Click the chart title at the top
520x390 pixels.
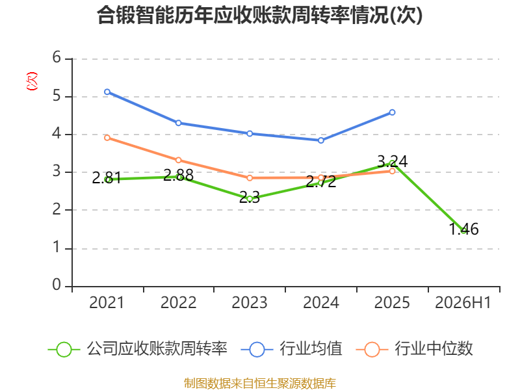point(259,15)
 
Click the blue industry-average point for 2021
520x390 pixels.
point(107,92)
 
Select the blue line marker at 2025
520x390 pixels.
point(392,112)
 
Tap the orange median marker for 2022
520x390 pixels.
point(178,160)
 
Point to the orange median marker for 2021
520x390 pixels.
point(107,138)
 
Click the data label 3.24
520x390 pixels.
point(393,161)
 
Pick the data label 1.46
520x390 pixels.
point(463,229)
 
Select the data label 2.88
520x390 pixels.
point(178,175)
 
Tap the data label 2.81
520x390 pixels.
point(107,178)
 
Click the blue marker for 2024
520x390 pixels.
point(320,140)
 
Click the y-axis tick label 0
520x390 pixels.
point(57,285)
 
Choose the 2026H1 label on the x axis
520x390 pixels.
point(463,302)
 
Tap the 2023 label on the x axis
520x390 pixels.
point(250,302)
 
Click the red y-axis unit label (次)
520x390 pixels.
point(32,81)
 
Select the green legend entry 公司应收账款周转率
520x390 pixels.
point(138,349)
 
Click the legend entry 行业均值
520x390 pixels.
point(291,349)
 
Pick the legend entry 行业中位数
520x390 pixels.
point(414,349)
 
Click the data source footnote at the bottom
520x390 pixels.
point(260,383)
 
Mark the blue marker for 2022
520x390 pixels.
point(178,123)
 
